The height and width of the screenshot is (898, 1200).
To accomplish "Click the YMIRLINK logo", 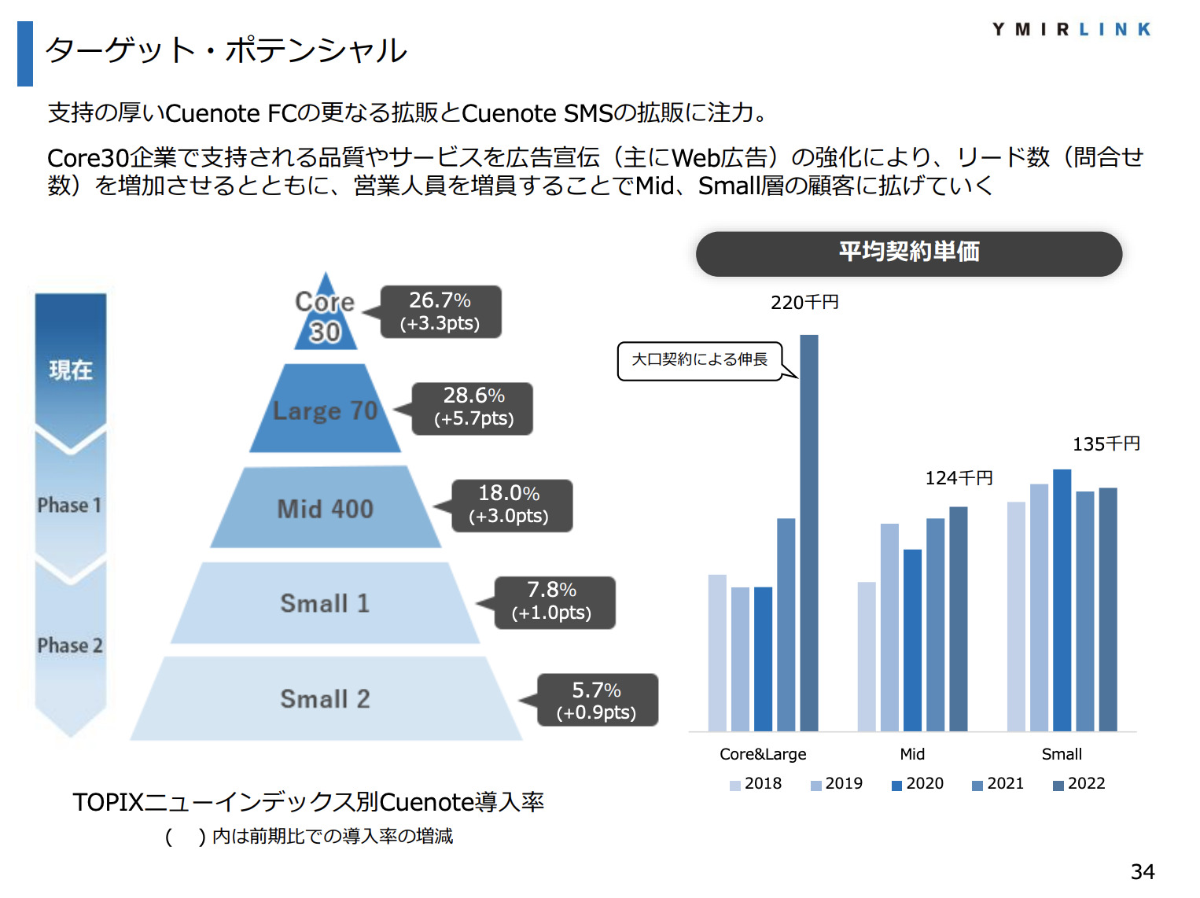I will (x=1071, y=30).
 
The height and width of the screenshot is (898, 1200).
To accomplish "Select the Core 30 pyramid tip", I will (x=326, y=317).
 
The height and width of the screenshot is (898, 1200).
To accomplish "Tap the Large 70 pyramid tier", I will (x=325, y=410).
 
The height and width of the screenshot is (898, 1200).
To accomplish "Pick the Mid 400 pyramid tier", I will (x=325, y=508).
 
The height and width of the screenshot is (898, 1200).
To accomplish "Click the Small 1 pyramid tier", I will (x=325, y=603).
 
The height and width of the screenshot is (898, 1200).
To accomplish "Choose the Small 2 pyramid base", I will (x=325, y=698).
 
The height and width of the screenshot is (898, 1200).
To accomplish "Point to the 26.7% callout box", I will (x=440, y=311).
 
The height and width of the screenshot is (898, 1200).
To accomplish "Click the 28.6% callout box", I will (x=473, y=407).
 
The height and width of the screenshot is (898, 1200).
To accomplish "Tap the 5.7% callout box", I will (x=597, y=700).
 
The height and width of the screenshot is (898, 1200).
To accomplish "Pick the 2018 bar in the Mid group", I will (x=867, y=657).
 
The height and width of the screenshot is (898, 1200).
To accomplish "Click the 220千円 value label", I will (x=804, y=303).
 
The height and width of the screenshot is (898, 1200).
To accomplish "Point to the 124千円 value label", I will (x=959, y=478).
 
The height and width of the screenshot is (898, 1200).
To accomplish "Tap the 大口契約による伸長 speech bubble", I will (x=700, y=360).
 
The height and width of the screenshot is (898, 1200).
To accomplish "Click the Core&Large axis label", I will (x=763, y=754).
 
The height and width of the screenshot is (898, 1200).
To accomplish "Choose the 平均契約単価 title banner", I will (x=908, y=253).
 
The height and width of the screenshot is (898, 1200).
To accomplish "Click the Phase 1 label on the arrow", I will (x=70, y=505).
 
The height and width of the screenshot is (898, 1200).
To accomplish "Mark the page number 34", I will (x=1143, y=871).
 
